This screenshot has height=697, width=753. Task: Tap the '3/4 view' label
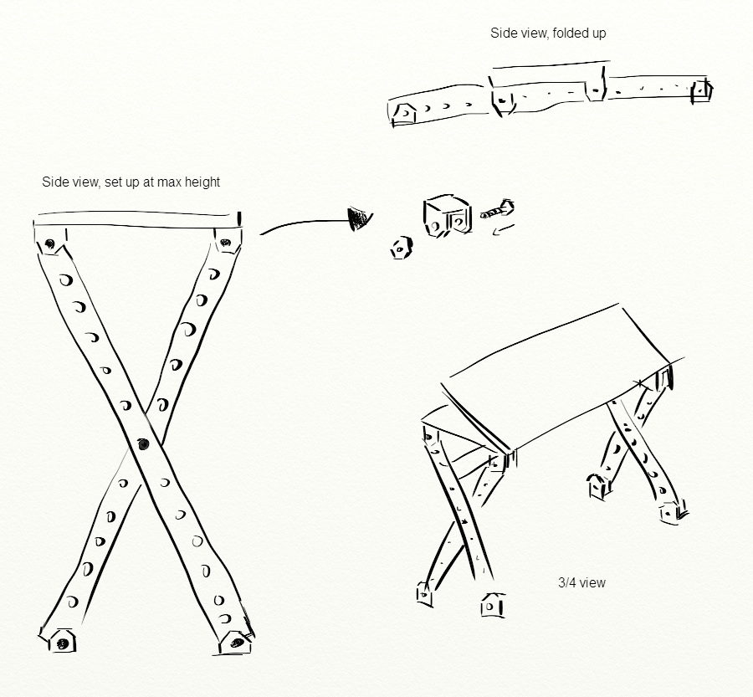(x=581, y=582)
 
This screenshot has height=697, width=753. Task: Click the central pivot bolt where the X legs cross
(x=141, y=443)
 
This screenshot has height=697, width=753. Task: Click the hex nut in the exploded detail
(x=401, y=248)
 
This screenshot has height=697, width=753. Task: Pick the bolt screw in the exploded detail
(x=498, y=209)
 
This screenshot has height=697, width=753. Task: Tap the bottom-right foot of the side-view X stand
(x=237, y=643)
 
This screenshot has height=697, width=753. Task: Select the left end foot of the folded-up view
(x=404, y=112)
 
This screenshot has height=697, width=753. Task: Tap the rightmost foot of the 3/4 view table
(x=673, y=511)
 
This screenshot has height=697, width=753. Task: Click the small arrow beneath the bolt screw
(x=501, y=229)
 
